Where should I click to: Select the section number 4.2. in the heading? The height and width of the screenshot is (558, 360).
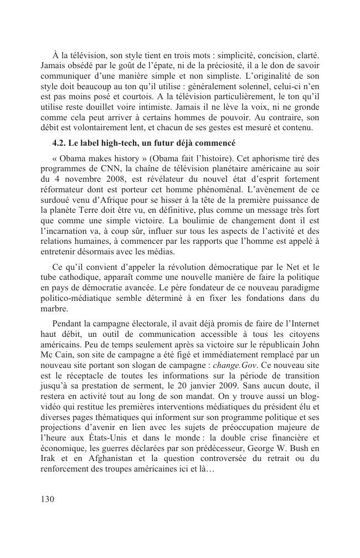60,142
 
